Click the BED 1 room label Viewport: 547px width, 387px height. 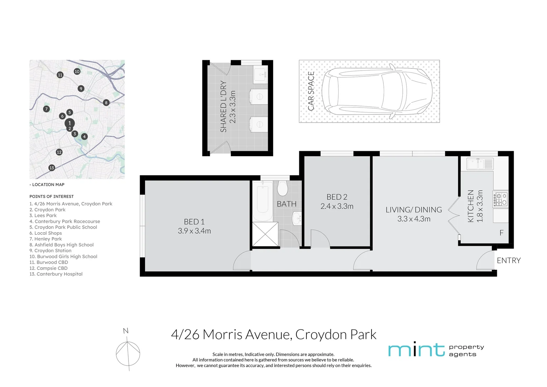click(194, 222)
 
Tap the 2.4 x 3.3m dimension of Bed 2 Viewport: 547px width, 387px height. click(337, 206)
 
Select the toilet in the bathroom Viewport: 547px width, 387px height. click(282, 188)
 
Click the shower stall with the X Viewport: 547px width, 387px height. click(265, 234)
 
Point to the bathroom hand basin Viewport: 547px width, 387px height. click(297, 218)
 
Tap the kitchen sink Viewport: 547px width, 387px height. click(480, 163)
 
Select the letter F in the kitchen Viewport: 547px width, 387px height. click(501, 233)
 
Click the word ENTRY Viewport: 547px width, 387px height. click(509, 261)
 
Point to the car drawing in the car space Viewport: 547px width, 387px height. click(377, 91)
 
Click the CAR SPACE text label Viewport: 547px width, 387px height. click(311, 91)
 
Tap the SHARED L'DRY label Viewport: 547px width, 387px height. click(223, 106)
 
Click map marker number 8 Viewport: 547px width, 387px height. click(106, 103)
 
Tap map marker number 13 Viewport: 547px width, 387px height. click(52, 168)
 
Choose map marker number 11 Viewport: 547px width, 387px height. click(60, 75)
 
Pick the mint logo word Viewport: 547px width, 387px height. click(416, 350)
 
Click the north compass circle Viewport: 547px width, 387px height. click(128, 354)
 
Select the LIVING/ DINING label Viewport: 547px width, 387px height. click(414, 210)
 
